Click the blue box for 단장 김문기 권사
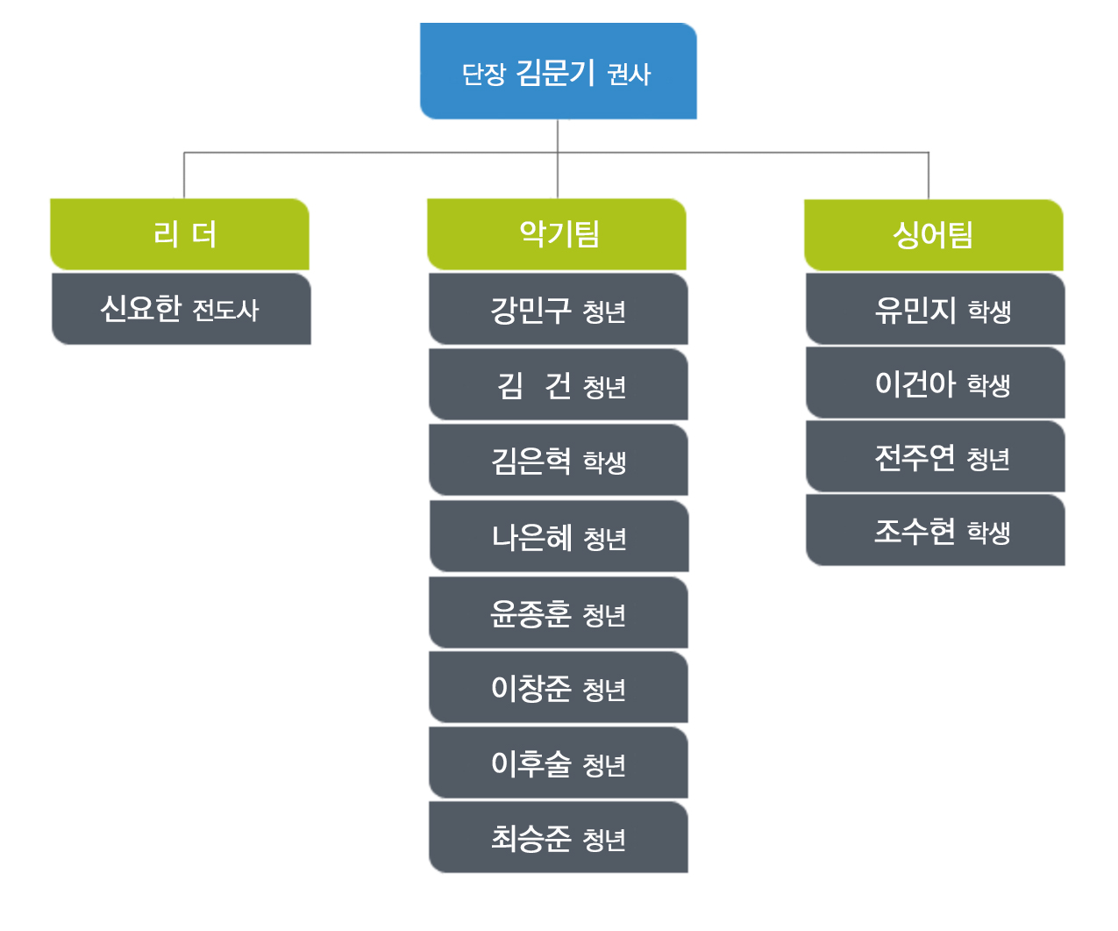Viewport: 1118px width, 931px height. coord(558,71)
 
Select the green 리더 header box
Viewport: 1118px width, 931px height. coord(180,234)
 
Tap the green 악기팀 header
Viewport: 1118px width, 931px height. coord(556,234)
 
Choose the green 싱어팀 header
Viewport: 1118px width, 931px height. coord(933,235)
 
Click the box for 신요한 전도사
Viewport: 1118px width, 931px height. coord(181,309)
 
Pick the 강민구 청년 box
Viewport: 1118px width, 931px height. coord(558,309)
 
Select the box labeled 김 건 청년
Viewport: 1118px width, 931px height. coord(558,384)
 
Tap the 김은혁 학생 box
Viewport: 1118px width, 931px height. coord(558,460)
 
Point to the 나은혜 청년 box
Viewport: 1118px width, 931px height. coord(559,536)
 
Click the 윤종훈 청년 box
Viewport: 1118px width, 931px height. coord(558,612)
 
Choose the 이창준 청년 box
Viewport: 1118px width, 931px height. coord(558,687)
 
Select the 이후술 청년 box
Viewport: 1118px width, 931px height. coord(558,763)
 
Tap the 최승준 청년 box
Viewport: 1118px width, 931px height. coord(558,837)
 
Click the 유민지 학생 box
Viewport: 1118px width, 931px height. coord(935,309)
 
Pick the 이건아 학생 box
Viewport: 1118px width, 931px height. coord(935,383)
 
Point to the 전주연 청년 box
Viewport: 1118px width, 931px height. coord(935,456)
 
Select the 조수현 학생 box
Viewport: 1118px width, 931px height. coord(935,529)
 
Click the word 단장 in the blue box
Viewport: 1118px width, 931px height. coord(483,74)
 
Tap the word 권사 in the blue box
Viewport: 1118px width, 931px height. coord(629,74)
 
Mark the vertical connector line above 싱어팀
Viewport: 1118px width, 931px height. coord(929,175)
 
